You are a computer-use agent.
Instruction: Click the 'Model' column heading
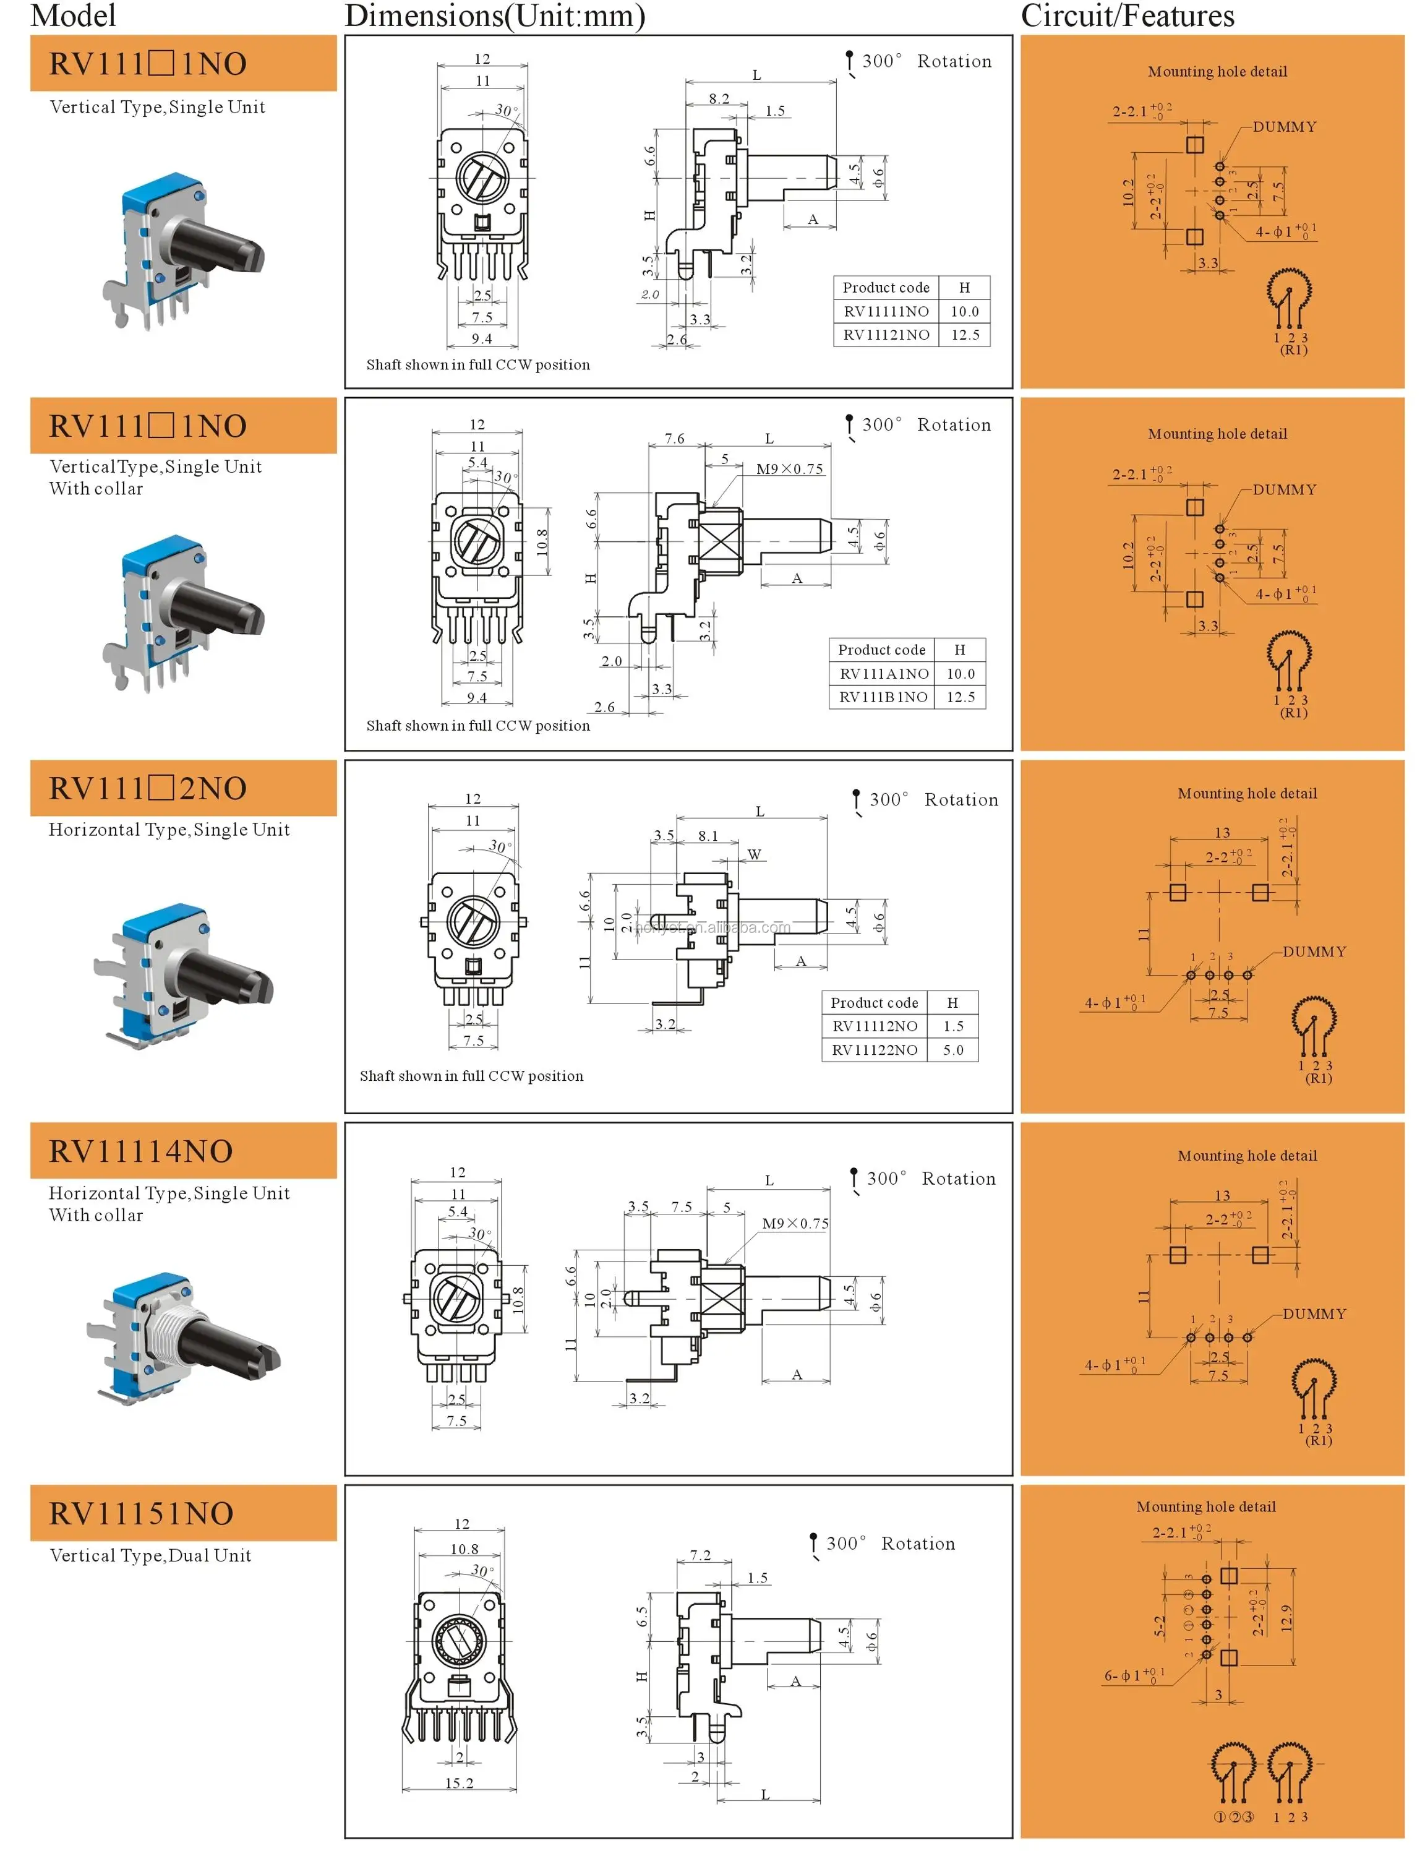[x=73, y=15]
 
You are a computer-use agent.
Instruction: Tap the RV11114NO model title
[x=141, y=1151]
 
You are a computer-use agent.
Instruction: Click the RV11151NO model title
[x=141, y=1513]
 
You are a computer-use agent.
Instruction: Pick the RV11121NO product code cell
[x=886, y=334]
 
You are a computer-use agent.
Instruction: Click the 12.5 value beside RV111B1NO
[x=960, y=697]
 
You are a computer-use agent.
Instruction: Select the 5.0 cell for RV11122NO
[x=952, y=1049]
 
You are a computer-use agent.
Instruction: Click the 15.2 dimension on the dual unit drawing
[x=459, y=1783]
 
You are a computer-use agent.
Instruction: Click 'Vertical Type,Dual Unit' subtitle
[x=150, y=1555]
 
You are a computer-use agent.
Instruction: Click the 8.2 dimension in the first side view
[x=719, y=98]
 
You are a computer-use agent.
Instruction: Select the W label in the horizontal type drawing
[x=754, y=854]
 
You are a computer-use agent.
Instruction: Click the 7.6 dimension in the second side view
[x=674, y=439]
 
